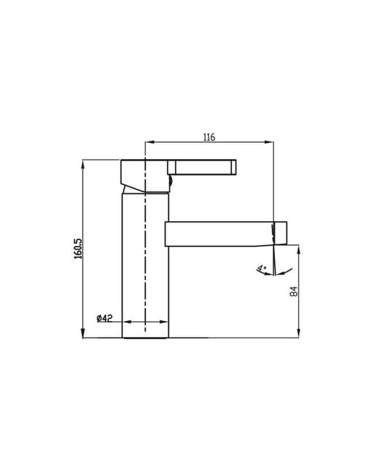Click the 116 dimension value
209,137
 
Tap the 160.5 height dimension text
78,249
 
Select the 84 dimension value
294,292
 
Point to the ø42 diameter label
104,318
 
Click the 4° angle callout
261,268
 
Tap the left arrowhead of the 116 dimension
149,141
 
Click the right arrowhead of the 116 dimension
269,141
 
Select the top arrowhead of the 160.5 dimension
83,164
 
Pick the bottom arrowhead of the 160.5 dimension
83,333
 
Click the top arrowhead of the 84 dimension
299,249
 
